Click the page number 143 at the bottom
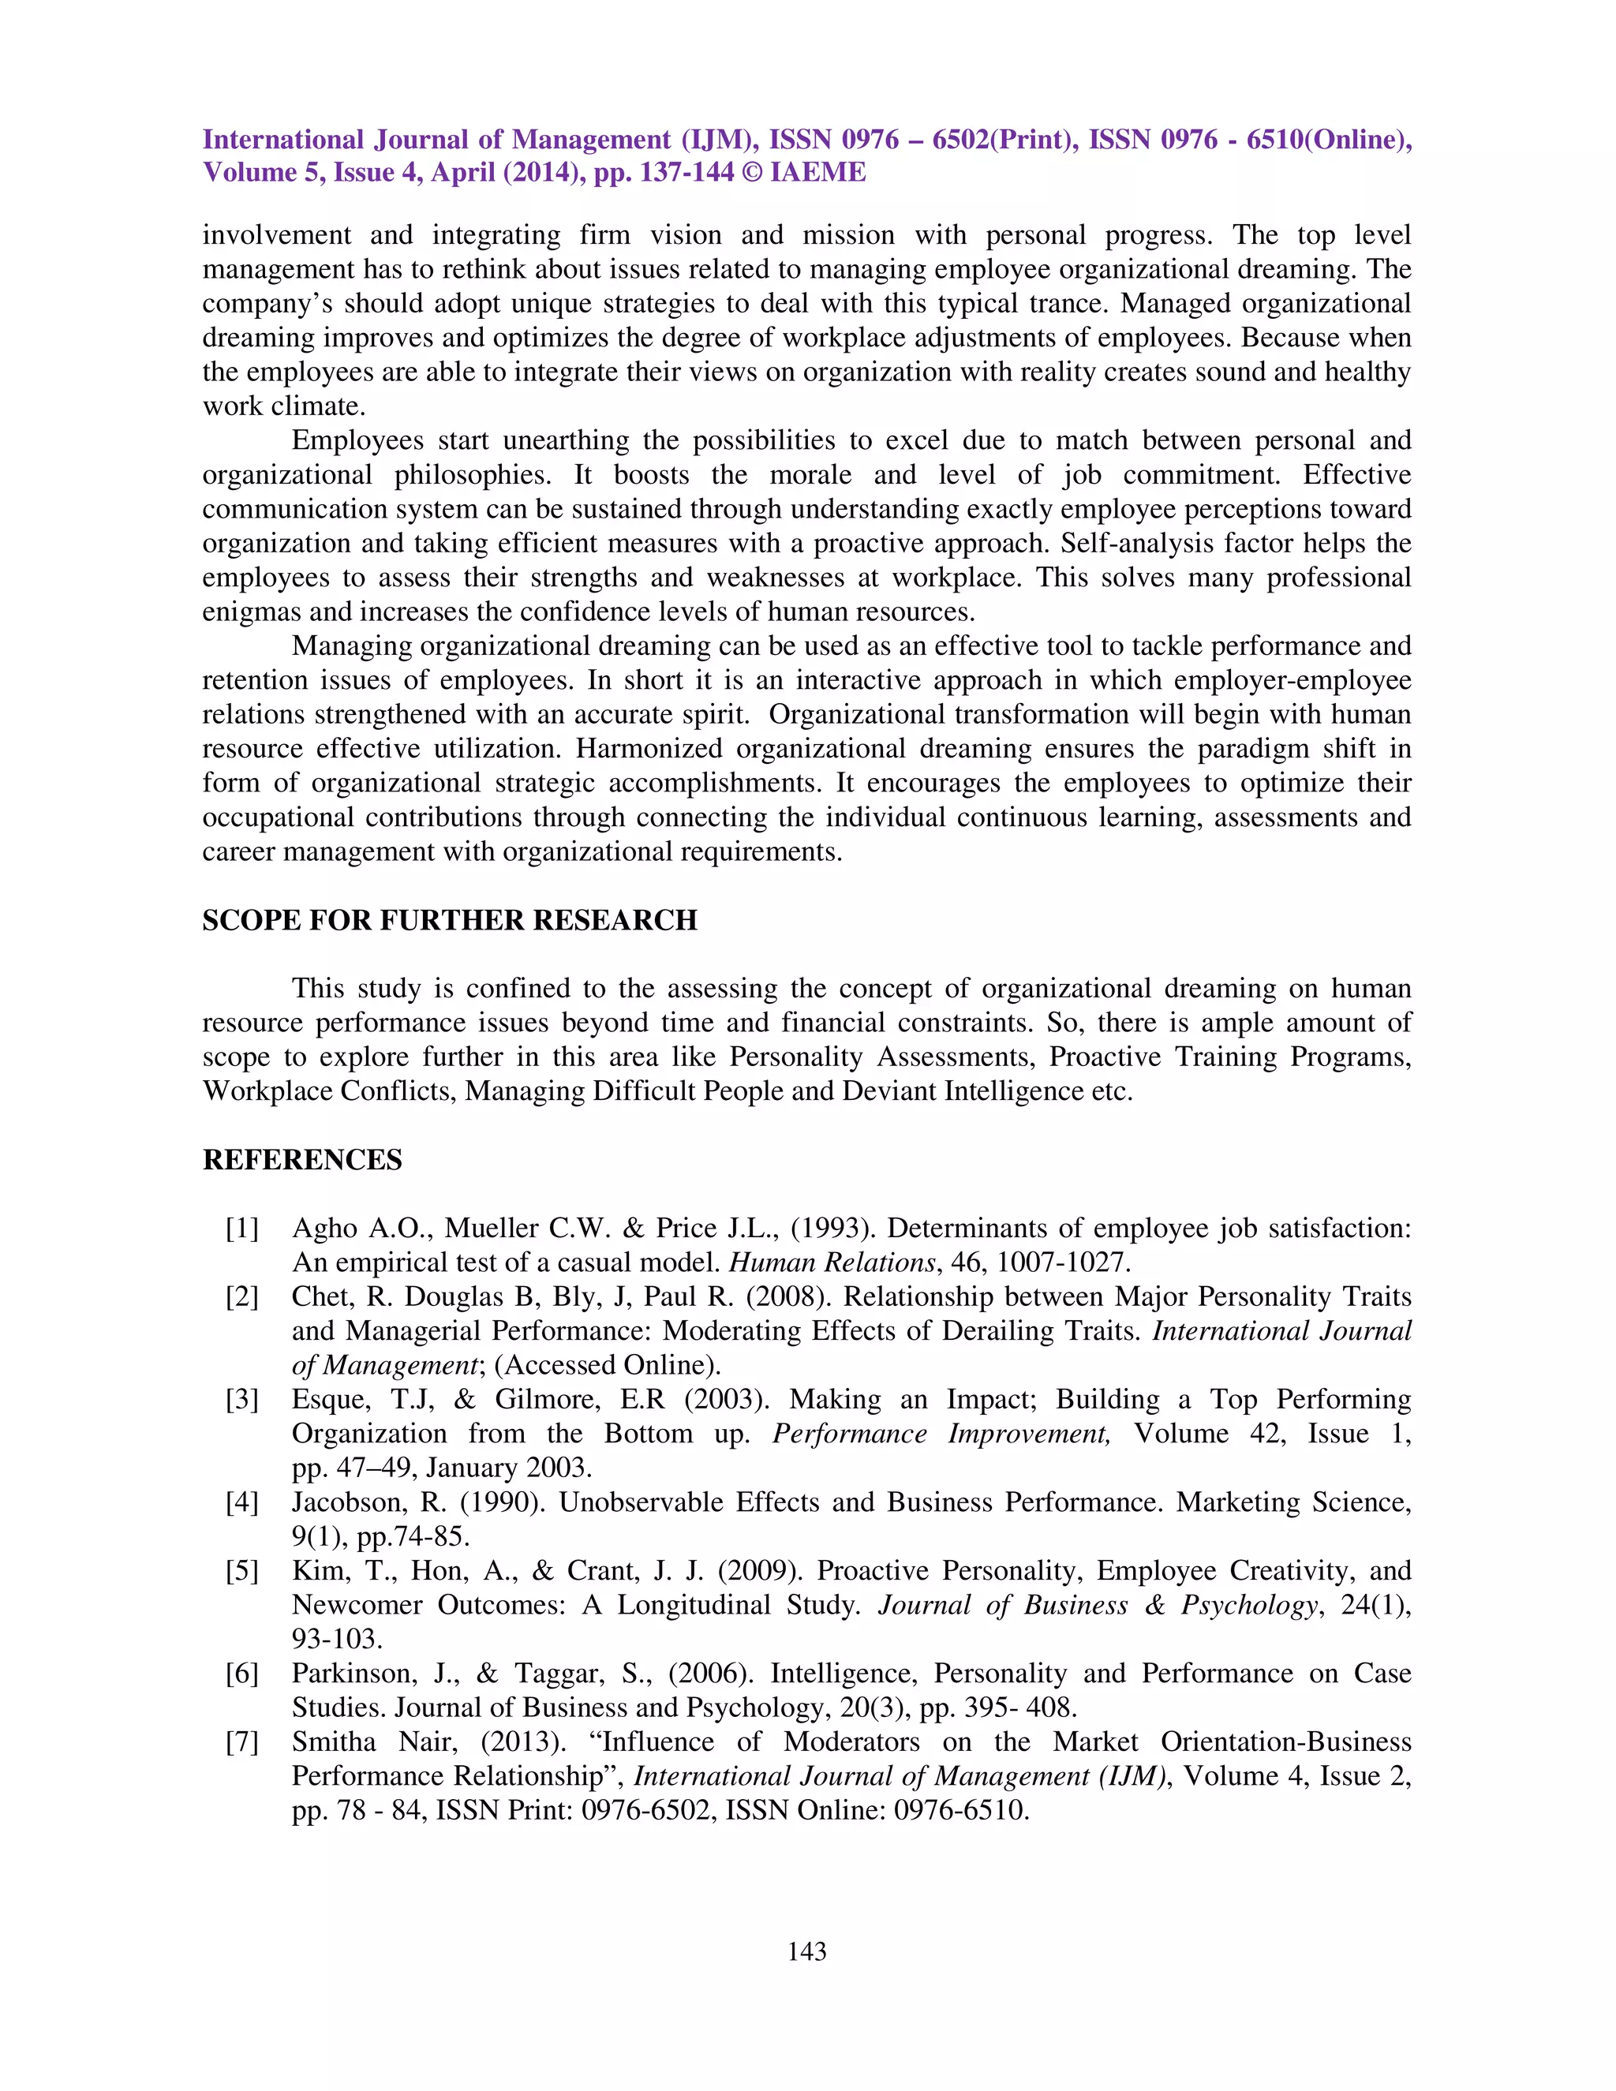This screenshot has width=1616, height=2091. point(806,1951)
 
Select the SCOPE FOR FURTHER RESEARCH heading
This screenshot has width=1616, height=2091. point(449,920)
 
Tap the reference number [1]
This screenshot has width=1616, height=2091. point(242,1229)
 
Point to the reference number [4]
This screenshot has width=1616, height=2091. point(242,1502)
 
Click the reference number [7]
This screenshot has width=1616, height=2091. point(242,1741)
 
